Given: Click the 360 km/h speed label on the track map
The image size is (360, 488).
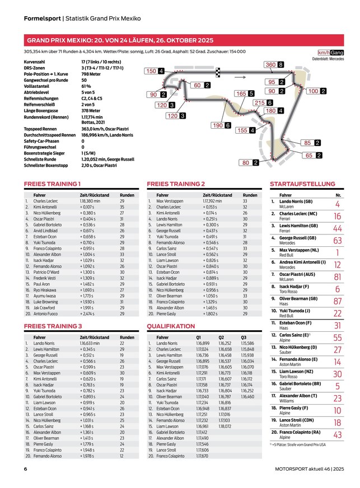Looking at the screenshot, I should [x=270, y=65].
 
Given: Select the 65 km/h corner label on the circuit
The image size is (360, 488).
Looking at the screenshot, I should [x=311, y=156].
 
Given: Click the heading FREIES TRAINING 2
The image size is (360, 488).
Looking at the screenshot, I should [x=176, y=184].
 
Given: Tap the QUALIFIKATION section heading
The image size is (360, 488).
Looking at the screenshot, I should [x=171, y=326].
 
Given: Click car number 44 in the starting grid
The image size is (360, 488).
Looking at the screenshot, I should [x=337, y=228].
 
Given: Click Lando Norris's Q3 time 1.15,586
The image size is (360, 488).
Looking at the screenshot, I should [x=247, y=343].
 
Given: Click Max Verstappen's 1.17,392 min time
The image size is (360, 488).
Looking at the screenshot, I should [x=213, y=200].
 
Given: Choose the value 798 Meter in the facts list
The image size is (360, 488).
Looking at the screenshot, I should [x=92, y=74].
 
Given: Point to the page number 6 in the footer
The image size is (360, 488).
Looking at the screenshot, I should [x=26, y=469].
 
